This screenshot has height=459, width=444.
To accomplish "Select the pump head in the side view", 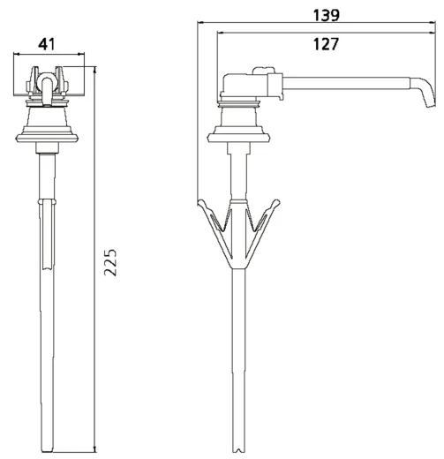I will [252, 87].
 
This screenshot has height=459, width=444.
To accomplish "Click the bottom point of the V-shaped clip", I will [237, 265].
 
